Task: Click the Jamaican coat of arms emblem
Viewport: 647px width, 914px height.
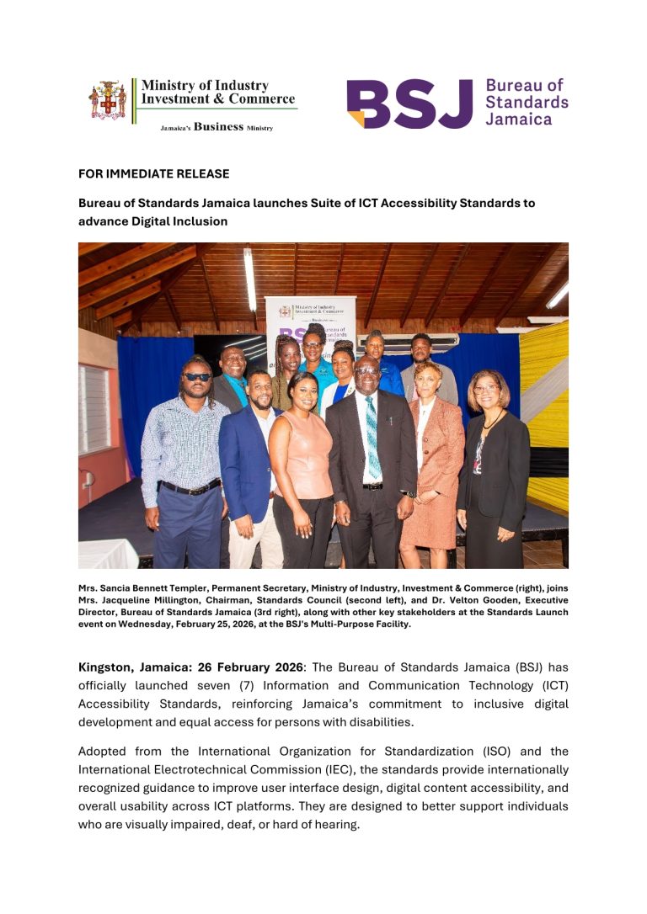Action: click(x=107, y=100)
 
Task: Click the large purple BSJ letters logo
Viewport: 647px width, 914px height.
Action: click(x=409, y=104)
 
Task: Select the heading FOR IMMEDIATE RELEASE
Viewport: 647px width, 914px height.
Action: click(x=153, y=174)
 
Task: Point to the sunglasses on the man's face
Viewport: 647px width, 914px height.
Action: click(x=197, y=376)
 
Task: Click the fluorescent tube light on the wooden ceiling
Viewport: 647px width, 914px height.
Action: click(x=249, y=279)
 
